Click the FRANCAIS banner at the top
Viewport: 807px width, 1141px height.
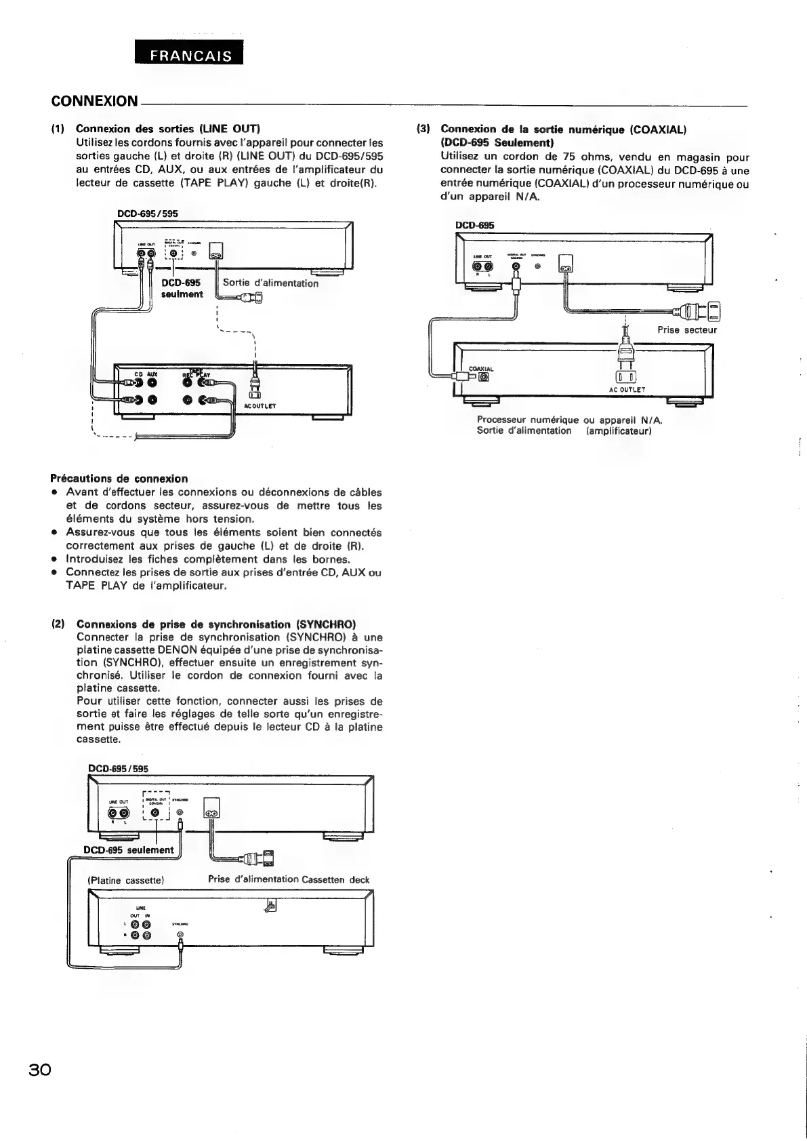pyautogui.click(x=189, y=55)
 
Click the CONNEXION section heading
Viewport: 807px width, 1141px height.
pyautogui.click(x=94, y=101)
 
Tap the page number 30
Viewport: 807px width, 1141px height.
pyautogui.click(x=40, y=1069)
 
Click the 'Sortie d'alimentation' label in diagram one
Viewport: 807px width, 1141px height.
pyautogui.click(x=270, y=283)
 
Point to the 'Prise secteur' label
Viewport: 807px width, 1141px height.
pyautogui.click(x=686, y=330)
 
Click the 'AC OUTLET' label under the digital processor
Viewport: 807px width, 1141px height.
pyautogui.click(x=627, y=390)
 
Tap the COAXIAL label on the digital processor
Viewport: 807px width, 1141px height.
pyautogui.click(x=481, y=369)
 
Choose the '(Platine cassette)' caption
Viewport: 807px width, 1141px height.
pyautogui.click(x=127, y=880)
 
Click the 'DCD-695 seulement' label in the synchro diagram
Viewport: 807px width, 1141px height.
pyautogui.click(x=129, y=850)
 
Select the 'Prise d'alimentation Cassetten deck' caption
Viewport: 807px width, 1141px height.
pyautogui.click(x=289, y=879)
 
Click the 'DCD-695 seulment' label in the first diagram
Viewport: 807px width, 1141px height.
pyautogui.click(x=182, y=288)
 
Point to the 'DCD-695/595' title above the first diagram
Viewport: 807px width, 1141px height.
pyautogui.click(x=147, y=213)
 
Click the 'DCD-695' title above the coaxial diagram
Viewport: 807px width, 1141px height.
pyautogui.click(x=470, y=226)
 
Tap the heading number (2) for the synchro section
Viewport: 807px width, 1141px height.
pyautogui.click(x=58, y=624)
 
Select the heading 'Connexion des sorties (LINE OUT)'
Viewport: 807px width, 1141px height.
pyautogui.click(x=168, y=128)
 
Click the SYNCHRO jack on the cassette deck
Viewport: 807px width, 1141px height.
pyautogui.click(x=180, y=937)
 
